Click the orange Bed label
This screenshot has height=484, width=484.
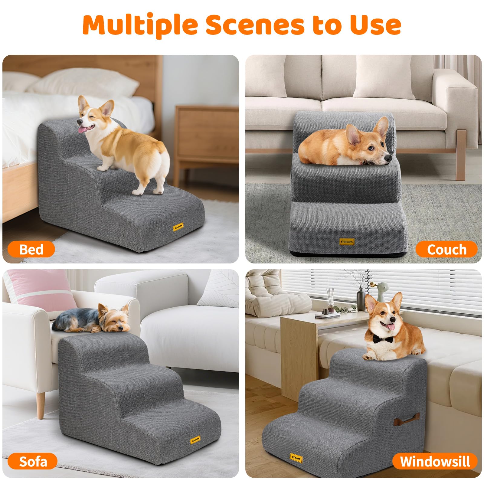31,250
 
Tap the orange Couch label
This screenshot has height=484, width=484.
446,250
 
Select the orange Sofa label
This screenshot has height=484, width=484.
33,462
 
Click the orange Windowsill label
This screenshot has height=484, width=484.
435,462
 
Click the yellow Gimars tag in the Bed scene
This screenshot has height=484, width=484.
178,227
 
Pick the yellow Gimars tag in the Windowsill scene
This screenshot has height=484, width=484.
296,458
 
